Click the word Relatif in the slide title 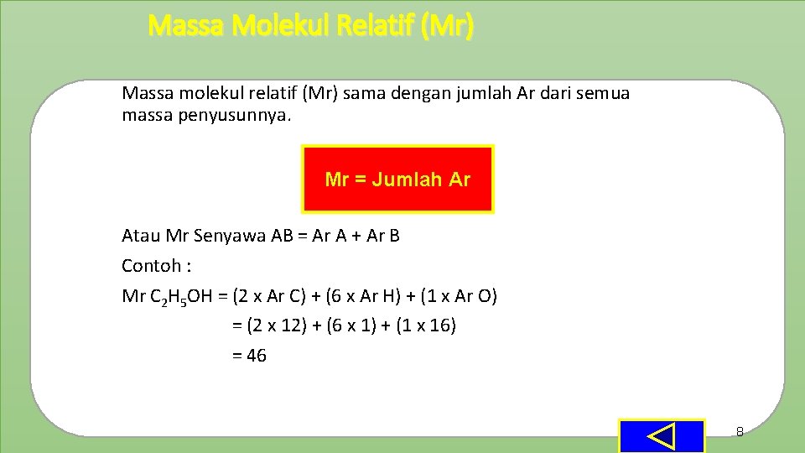[375, 27]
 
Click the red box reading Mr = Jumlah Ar [397, 179]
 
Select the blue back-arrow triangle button [662, 436]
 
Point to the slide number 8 [740, 432]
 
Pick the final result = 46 [249, 356]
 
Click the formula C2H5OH [187, 297]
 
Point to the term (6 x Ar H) [366, 296]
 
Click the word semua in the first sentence [604, 93]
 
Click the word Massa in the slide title [186, 27]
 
